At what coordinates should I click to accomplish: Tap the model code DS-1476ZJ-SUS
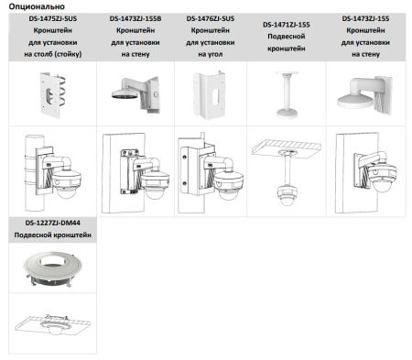tap(210, 18)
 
